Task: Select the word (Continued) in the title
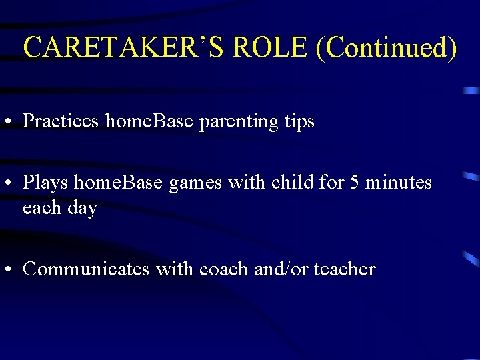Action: click(387, 47)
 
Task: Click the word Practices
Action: click(61, 121)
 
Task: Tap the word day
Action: click(82, 209)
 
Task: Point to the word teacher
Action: click(345, 269)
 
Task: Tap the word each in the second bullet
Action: click(42, 208)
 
